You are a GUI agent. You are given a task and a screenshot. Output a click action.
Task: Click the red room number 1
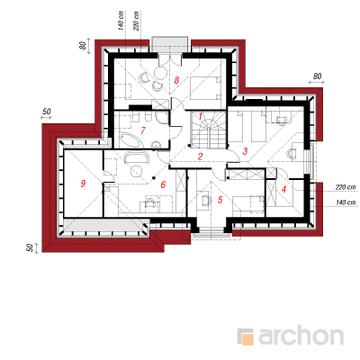(x=201, y=115)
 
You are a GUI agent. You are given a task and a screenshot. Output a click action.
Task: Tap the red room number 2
(x=200, y=156)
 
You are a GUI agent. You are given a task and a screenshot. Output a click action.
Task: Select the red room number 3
(x=245, y=151)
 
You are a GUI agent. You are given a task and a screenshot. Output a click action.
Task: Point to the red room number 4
(x=283, y=189)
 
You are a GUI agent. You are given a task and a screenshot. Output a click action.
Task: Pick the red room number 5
(x=220, y=200)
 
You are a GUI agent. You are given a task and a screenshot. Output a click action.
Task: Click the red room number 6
(x=163, y=184)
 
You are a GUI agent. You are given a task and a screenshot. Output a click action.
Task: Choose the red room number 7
(x=143, y=130)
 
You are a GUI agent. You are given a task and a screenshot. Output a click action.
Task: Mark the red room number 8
(x=176, y=80)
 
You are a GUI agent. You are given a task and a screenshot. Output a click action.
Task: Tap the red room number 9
(x=83, y=183)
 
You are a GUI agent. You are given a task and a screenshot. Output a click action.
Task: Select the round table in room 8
(x=160, y=72)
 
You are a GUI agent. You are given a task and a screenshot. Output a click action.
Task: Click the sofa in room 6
(x=137, y=157)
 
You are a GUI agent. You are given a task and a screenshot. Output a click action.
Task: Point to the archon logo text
(x=301, y=336)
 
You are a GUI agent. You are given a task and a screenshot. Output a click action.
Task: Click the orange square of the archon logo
(x=247, y=339)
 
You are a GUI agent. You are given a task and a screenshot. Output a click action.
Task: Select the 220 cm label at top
(x=136, y=21)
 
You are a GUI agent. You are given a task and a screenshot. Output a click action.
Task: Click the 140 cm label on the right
(x=346, y=202)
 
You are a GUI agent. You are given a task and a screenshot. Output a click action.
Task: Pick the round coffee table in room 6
(x=137, y=171)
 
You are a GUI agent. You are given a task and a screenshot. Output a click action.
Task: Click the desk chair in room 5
(x=206, y=200)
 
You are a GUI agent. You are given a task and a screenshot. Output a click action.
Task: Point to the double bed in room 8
(x=205, y=88)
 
